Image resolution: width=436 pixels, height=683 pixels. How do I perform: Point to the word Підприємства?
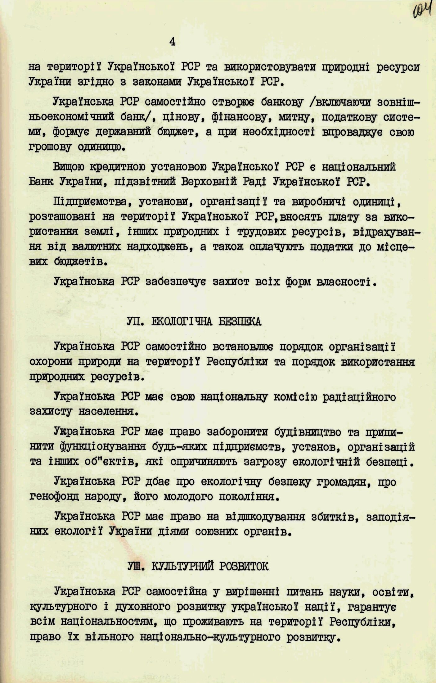point(90,202)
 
